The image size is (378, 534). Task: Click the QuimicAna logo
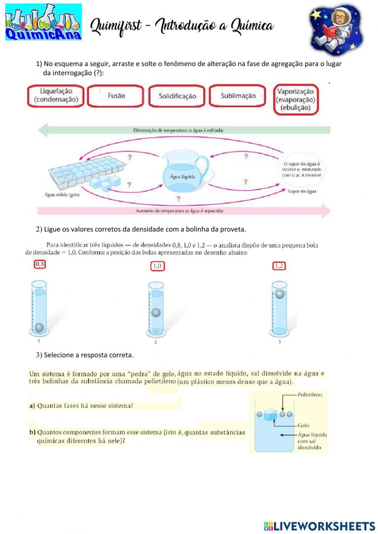click(x=43, y=22)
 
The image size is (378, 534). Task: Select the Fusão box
click(x=116, y=96)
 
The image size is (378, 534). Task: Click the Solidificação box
click(x=177, y=96)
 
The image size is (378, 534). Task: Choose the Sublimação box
click(x=238, y=96)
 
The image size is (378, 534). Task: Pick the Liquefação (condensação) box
click(x=56, y=95)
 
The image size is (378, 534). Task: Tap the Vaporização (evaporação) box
click(x=295, y=99)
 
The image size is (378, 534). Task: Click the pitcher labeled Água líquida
click(x=184, y=172)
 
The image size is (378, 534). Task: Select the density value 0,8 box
click(x=40, y=265)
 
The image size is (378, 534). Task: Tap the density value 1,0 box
click(x=157, y=266)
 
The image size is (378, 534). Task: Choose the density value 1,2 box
click(x=279, y=266)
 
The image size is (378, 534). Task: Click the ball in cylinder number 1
click(x=39, y=327)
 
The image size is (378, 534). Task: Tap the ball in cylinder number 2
click(x=156, y=313)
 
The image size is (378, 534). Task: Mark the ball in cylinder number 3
click(x=279, y=294)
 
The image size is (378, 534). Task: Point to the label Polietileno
click(x=310, y=395)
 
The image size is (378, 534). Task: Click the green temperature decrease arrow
click(x=184, y=130)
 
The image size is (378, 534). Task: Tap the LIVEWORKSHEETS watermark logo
click(x=319, y=526)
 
